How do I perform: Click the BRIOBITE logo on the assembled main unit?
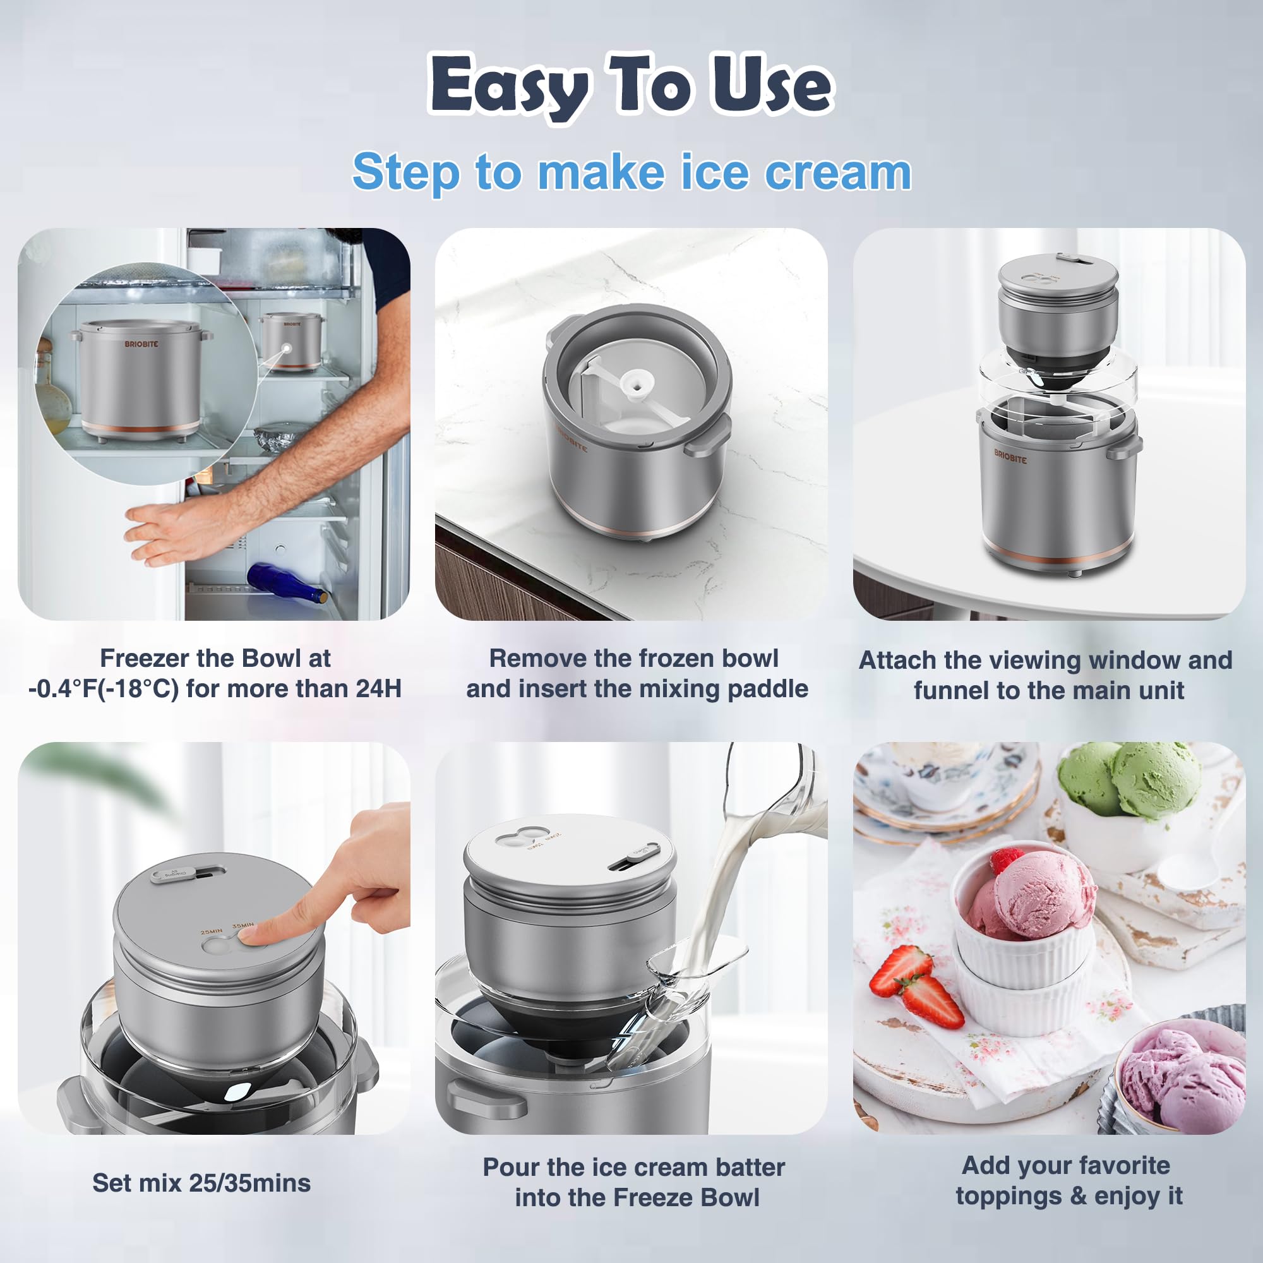pyautogui.click(x=1010, y=457)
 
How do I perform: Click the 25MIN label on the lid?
pyautogui.click(x=211, y=931)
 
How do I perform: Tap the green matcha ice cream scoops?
pyautogui.click(x=1131, y=781)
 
